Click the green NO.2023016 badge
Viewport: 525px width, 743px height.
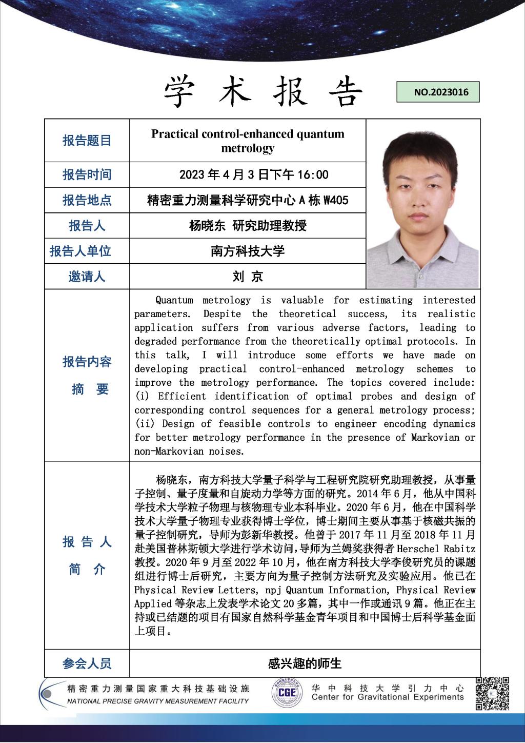coord(438,92)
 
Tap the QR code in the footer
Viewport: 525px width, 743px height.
coord(492,693)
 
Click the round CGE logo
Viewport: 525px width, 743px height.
coord(287,693)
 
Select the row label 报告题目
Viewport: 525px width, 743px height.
coord(87,141)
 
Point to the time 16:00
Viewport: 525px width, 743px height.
coord(312,175)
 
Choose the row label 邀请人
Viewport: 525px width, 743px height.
coord(87,277)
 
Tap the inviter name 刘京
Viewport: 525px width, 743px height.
coord(248,277)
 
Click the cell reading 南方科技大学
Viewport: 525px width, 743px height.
coord(248,251)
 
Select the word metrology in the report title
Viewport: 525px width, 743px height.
coord(248,148)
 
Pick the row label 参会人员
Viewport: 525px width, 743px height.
coord(87,663)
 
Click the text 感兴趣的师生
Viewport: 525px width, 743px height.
coord(305,663)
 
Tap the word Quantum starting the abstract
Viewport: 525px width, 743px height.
coord(174,300)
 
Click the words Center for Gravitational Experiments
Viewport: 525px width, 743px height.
coord(387,697)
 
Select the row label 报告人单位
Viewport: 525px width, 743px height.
coord(80,251)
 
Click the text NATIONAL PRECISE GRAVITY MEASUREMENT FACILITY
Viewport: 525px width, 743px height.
coord(158,701)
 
